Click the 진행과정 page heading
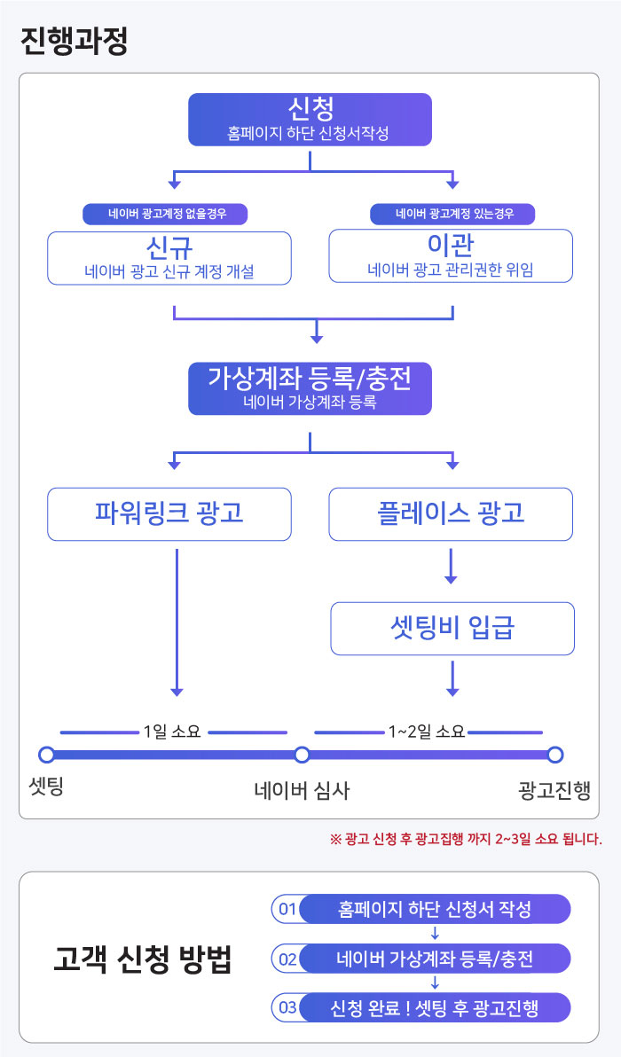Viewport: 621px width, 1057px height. (75, 42)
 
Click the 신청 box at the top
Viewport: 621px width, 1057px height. (310, 120)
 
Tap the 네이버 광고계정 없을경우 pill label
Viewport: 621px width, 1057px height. (165, 214)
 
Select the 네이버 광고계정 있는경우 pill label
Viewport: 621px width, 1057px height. (452, 214)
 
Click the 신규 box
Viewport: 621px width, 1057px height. (169, 258)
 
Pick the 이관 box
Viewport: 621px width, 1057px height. (451, 255)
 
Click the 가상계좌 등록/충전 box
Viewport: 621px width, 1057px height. (310, 388)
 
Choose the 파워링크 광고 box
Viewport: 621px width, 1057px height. (169, 514)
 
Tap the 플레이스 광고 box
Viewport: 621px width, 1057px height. (451, 514)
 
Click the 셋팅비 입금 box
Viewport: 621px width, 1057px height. (452, 629)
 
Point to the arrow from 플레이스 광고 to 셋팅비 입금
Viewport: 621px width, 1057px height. (452, 567)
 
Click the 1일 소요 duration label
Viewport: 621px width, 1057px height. (172, 732)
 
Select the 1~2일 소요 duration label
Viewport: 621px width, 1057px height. (426, 732)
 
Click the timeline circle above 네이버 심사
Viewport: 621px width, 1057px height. (302, 755)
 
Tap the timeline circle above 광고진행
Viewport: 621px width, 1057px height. (555, 755)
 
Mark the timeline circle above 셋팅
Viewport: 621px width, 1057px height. (46, 755)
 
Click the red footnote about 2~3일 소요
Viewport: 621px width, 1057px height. (465, 839)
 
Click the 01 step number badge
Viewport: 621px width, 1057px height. (287, 909)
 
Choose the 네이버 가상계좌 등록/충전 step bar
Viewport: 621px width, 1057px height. (435, 958)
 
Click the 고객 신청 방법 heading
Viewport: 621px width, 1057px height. (142, 959)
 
